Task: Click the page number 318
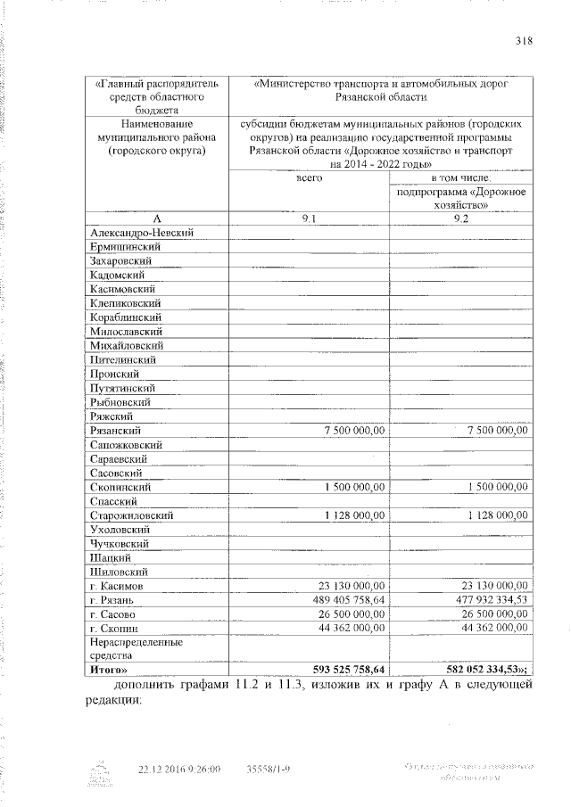[x=524, y=38]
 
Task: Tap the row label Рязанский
[x=115, y=430]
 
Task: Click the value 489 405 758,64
[x=341, y=600]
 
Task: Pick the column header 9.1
[x=309, y=218]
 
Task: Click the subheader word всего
[x=309, y=178]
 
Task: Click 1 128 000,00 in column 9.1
[x=349, y=515]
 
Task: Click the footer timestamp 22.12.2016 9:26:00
[x=178, y=768]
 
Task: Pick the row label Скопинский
[x=121, y=487]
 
